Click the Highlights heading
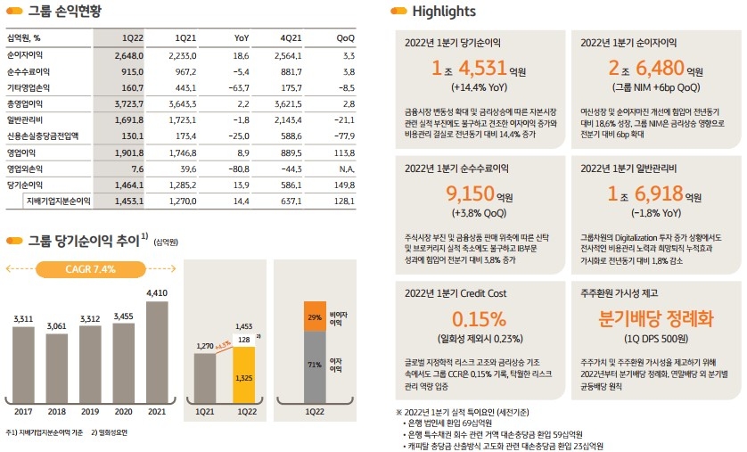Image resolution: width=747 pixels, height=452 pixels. click(x=444, y=12)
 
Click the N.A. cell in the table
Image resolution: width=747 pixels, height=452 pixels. click(x=344, y=168)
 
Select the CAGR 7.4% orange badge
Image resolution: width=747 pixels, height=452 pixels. click(x=91, y=270)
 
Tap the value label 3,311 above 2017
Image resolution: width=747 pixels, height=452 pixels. click(x=23, y=318)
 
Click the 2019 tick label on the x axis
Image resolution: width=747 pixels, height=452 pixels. click(x=89, y=411)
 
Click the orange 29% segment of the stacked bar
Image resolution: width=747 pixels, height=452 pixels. click(x=314, y=316)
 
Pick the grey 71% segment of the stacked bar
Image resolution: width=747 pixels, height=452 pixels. click(x=314, y=366)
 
